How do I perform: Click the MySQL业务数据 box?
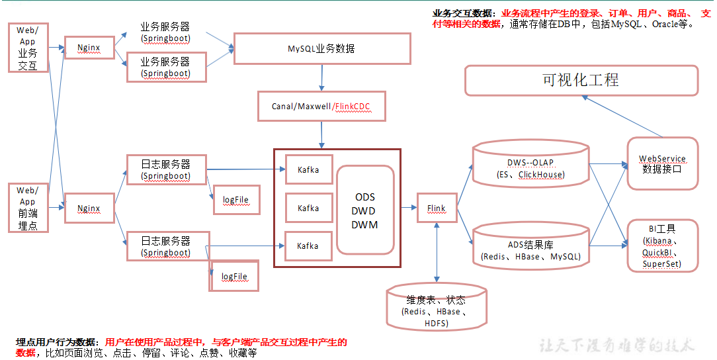(x=322, y=49)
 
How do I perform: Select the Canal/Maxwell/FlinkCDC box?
(x=321, y=106)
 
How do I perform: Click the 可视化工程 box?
(x=581, y=80)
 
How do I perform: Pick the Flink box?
(x=437, y=208)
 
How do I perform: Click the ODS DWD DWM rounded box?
(x=365, y=210)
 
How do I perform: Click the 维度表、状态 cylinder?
(x=437, y=306)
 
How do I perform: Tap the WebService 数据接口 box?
(x=662, y=163)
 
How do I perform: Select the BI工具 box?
(x=662, y=246)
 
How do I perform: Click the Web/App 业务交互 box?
(x=28, y=48)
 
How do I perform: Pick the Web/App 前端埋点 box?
(x=28, y=208)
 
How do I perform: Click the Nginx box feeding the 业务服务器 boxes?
(x=89, y=48)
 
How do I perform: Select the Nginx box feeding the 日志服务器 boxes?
(x=89, y=208)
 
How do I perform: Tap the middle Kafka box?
(x=308, y=208)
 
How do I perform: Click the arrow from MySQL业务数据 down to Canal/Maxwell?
(x=322, y=77)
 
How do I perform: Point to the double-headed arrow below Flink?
(x=437, y=251)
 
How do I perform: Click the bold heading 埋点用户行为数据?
(x=56, y=342)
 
